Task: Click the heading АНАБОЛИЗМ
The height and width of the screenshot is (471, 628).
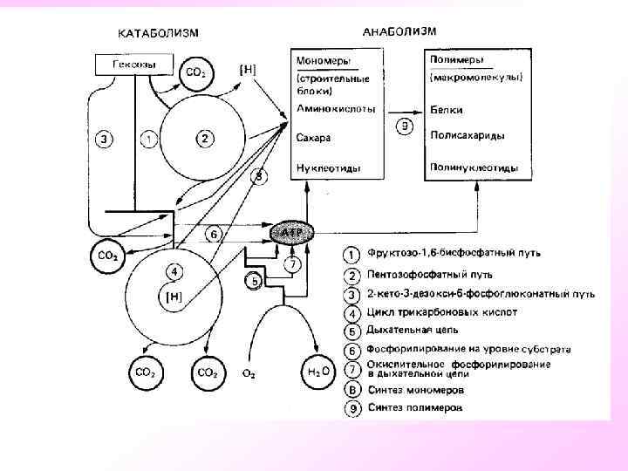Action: [x=399, y=31]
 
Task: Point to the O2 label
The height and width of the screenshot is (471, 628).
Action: [x=249, y=373]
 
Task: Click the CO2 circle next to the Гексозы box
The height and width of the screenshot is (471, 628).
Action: [x=195, y=73]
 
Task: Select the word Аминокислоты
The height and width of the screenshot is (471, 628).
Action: [x=336, y=110]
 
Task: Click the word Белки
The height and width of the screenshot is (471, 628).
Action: [x=447, y=110]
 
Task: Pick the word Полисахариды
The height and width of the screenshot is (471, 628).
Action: [x=468, y=135]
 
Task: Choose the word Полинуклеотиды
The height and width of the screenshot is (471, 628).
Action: [x=474, y=167]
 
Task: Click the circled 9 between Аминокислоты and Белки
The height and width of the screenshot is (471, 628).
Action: [x=404, y=126]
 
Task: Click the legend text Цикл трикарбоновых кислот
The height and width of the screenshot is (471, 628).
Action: [x=441, y=311]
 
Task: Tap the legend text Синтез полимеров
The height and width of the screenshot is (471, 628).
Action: [x=415, y=407]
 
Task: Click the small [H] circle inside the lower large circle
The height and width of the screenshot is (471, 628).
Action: [x=173, y=297]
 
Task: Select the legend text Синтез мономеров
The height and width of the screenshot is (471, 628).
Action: [x=415, y=389]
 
